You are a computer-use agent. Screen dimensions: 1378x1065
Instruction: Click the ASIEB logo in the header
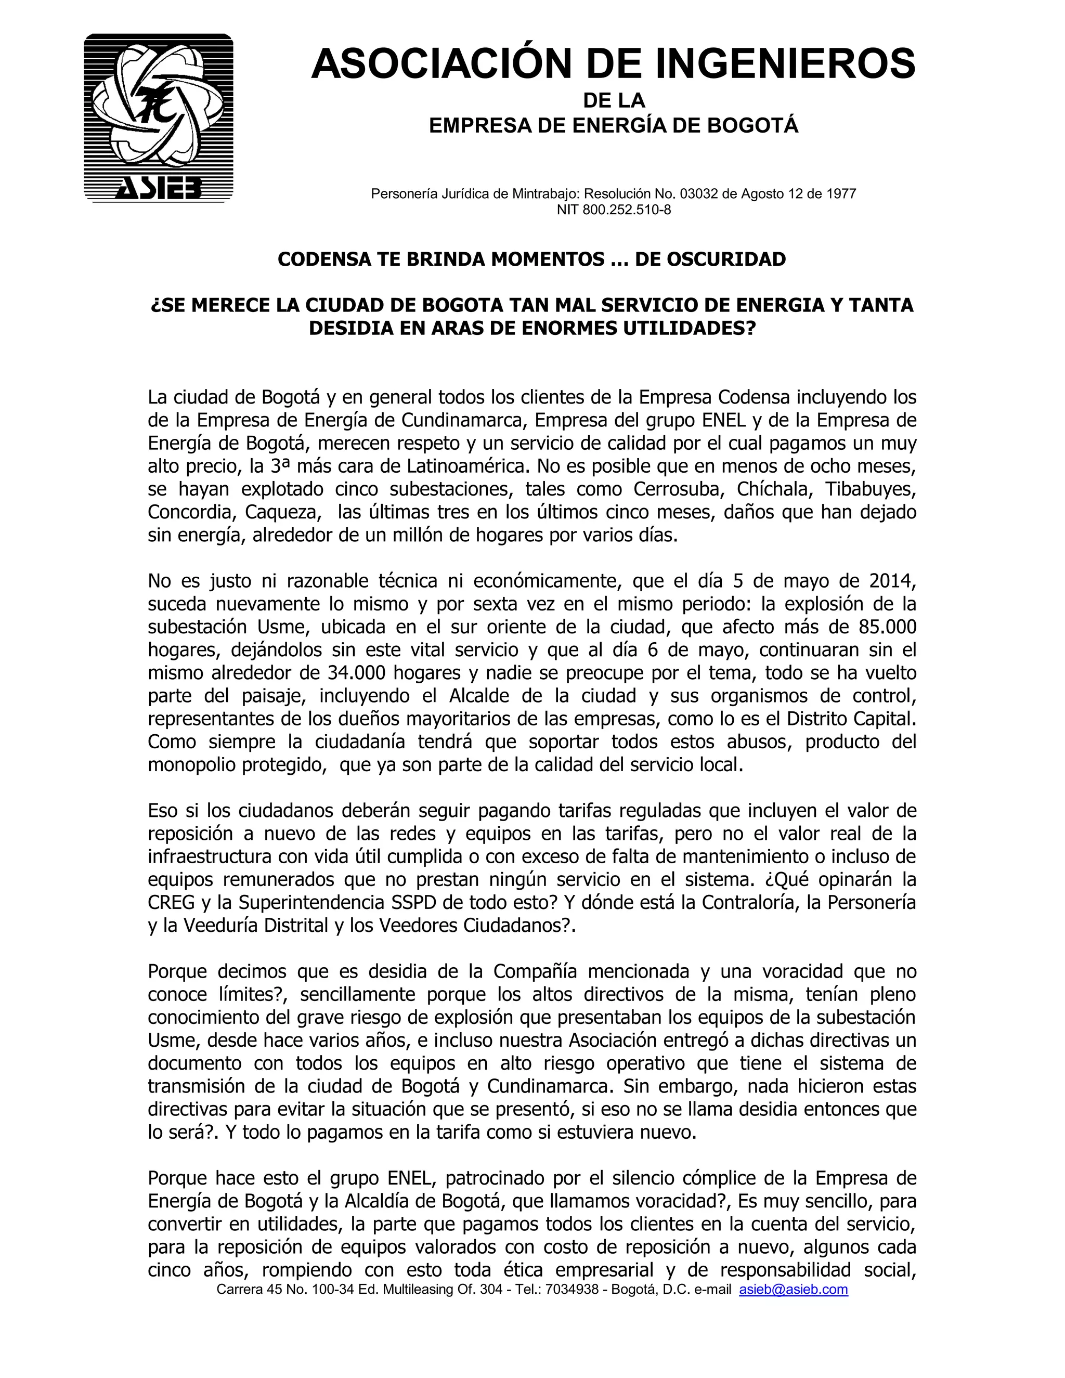[159, 118]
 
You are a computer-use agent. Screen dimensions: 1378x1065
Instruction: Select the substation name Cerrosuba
[673, 489]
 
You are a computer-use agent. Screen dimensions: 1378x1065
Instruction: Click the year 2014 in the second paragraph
[892, 580]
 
